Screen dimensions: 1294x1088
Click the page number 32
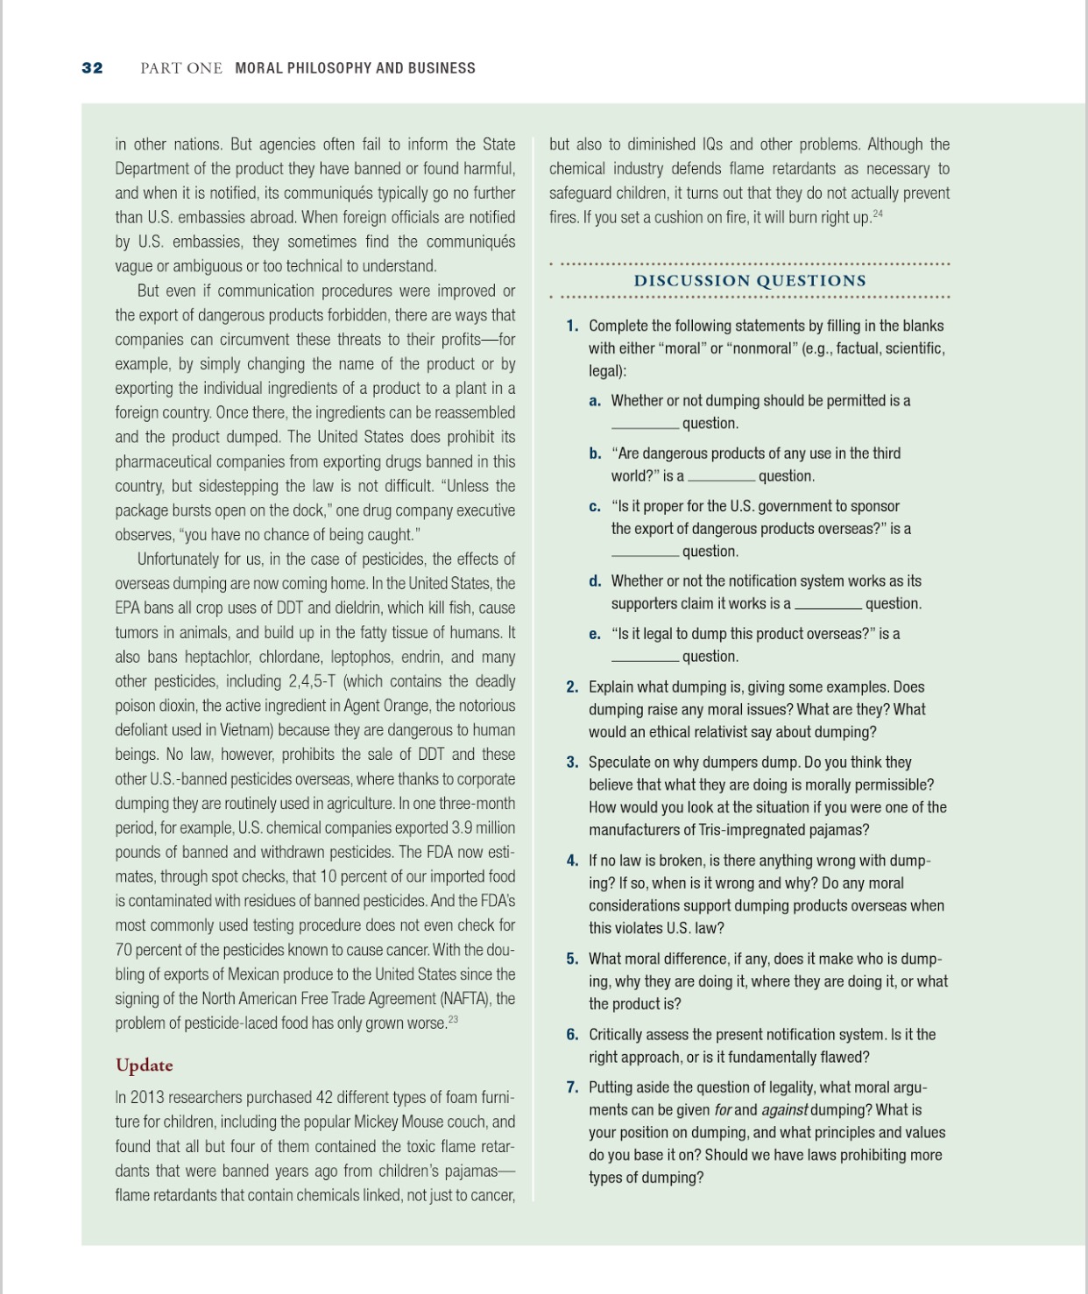coord(92,68)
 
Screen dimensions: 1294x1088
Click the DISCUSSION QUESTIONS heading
coord(750,281)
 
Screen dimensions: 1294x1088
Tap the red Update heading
coord(145,1065)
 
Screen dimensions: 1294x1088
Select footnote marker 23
coord(453,1019)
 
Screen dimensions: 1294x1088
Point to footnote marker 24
coord(879,214)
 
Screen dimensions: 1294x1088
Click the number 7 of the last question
coord(572,1087)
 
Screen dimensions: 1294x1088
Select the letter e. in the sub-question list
coord(595,634)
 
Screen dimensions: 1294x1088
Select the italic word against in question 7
coord(784,1110)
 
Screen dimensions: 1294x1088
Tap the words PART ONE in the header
coord(180,68)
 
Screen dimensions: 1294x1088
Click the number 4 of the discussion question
coord(572,861)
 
